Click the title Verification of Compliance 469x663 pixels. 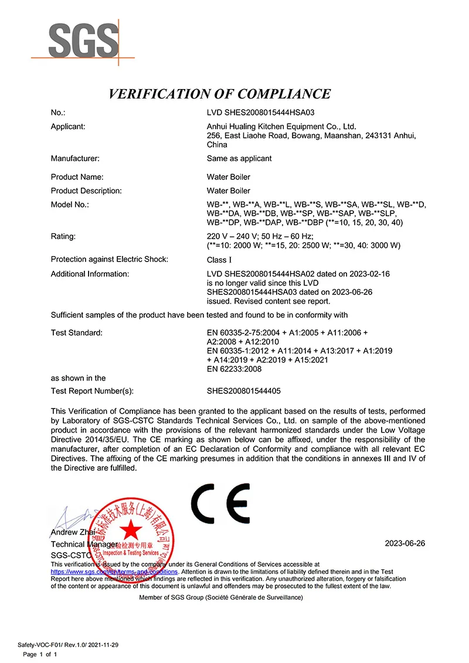pyautogui.click(x=220, y=94)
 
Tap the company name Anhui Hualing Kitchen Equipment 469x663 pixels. pyautogui.click(x=281, y=126)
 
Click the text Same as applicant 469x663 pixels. pyautogui.click(x=239, y=158)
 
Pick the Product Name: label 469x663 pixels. pyautogui.click(x=77, y=177)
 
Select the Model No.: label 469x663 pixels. pyautogui.click(x=70, y=204)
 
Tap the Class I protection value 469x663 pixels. pyautogui.click(x=216, y=260)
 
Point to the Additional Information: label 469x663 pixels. pyautogui.click(x=90, y=274)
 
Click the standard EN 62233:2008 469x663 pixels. pyautogui.click(x=234, y=369)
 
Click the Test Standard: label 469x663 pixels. pyautogui.click(x=76, y=333)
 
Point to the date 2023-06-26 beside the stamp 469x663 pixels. pyautogui.click(x=405, y=543)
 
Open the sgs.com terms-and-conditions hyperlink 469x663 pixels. pyautogui.click(x=114, y=571)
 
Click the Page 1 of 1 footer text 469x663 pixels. pyautogui.click(x=39, y=654)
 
